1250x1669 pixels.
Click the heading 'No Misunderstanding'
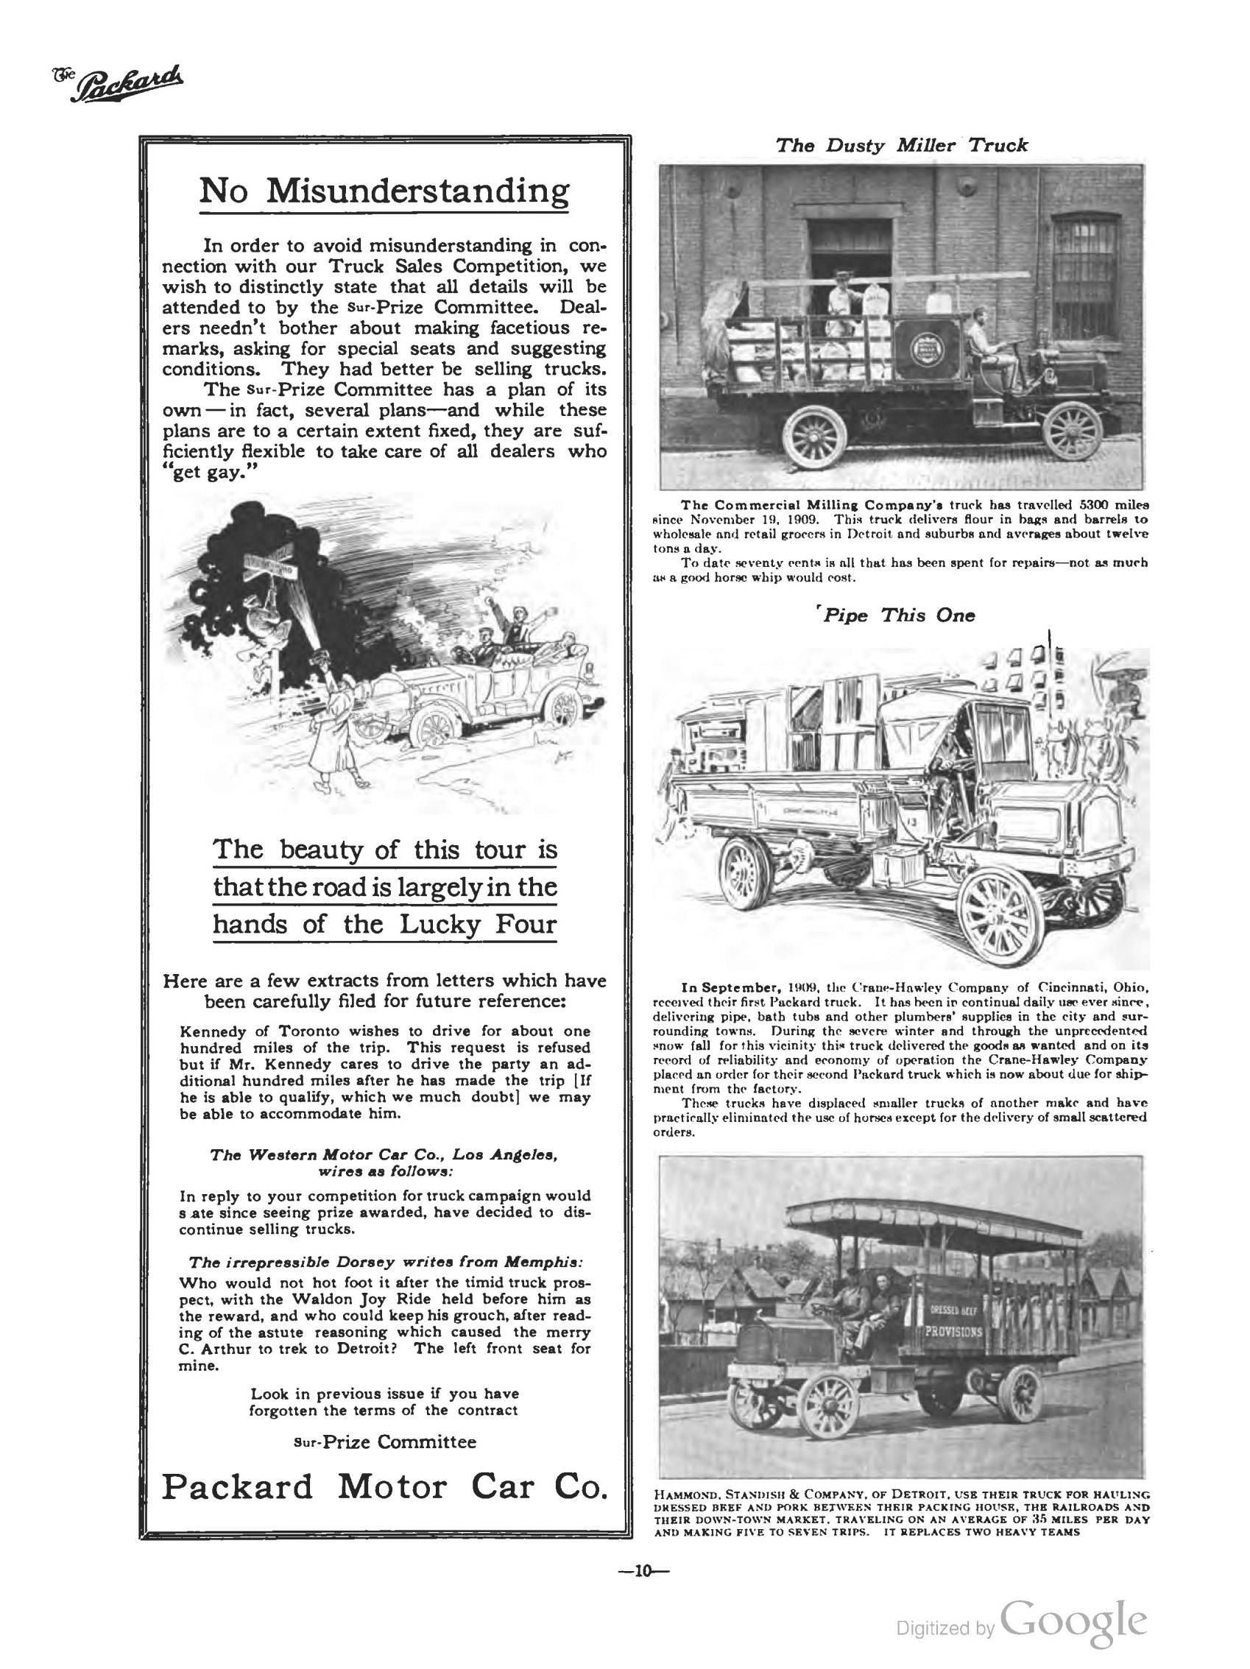pyautogui.click(x=384, y=190)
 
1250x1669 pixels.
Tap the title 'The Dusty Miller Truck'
pyautogui.click(x=901, y=145)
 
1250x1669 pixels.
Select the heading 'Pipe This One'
pyautogui.click(x=897, y=615)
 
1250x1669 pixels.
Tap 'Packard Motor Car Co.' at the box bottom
pyautogui.click(x=384, y=1486)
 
